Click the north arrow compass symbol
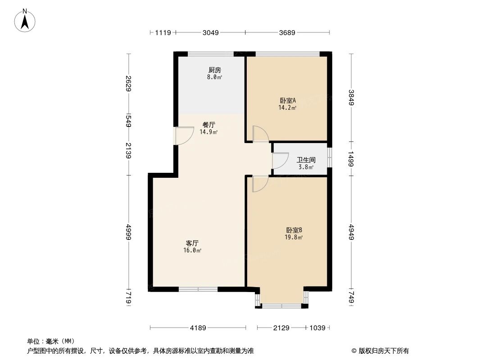[25, 20]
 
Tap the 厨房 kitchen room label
[214, 70]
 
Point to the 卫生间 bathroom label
[305, 160]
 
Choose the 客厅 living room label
[192, 243]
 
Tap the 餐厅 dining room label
[208, 125]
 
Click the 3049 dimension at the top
[210, 32]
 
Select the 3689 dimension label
[287, 32]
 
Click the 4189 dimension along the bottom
[198, 328]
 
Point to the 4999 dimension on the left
[129, 232]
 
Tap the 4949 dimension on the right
[351, 232]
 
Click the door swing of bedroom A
[260, 134]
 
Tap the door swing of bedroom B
[260, 184]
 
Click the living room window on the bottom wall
[198, 289]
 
